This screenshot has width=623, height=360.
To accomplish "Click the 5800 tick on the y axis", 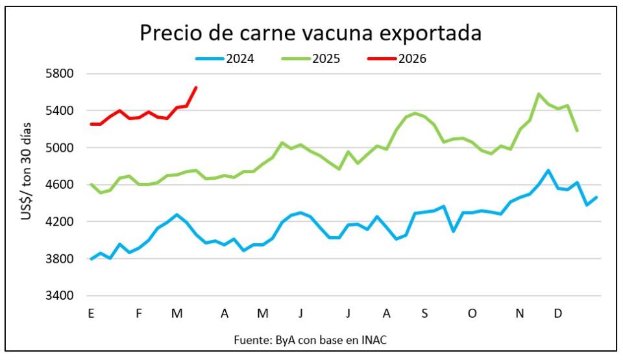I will coord(62,73).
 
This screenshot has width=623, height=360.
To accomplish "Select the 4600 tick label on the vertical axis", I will coord(62,185).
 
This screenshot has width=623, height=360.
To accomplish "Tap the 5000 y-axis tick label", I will coord(62,148).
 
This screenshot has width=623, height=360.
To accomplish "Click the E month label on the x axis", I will coord(91,314).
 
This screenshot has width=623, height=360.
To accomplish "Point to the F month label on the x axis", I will coord(139,314).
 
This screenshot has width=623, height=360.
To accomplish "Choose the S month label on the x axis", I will coord(424,314).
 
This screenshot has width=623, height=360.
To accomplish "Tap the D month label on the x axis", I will coord(558,314).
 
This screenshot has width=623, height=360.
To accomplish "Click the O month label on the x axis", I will coord(472,314).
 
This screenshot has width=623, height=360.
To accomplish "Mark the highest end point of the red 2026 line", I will coord(196,87).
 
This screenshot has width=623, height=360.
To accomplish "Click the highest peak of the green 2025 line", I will coord(539,94).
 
